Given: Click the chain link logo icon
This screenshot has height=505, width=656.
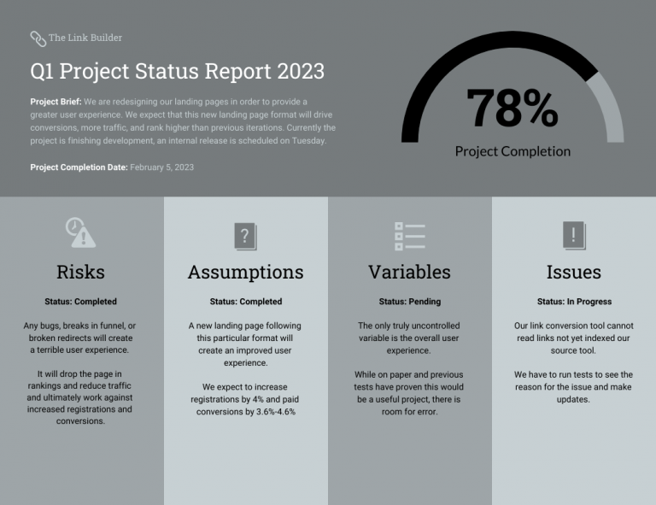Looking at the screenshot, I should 38,38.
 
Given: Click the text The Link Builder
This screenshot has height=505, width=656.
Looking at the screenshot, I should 85,38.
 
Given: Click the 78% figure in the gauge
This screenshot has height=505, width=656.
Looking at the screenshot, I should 512,109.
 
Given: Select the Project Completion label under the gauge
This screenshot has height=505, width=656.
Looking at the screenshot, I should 512,151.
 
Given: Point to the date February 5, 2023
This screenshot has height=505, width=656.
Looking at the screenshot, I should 161,167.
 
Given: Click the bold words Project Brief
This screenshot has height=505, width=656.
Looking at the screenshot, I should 55,102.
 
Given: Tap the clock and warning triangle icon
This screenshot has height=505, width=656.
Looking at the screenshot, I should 80,232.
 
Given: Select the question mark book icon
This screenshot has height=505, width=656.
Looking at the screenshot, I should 245,235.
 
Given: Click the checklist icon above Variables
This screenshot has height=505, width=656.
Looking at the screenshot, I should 409,236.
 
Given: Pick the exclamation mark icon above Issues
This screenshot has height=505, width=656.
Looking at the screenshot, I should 574,235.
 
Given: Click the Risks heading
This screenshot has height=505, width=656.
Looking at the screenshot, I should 80,272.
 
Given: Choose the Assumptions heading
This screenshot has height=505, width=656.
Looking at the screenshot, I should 245,272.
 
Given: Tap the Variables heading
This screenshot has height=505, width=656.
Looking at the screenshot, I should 409,272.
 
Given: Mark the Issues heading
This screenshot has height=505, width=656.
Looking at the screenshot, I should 574,272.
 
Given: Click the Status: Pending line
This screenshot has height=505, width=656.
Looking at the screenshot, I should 409,302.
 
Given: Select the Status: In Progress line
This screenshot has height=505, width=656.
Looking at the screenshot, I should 574,302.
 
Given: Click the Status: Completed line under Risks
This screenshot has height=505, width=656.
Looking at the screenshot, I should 80,302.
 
